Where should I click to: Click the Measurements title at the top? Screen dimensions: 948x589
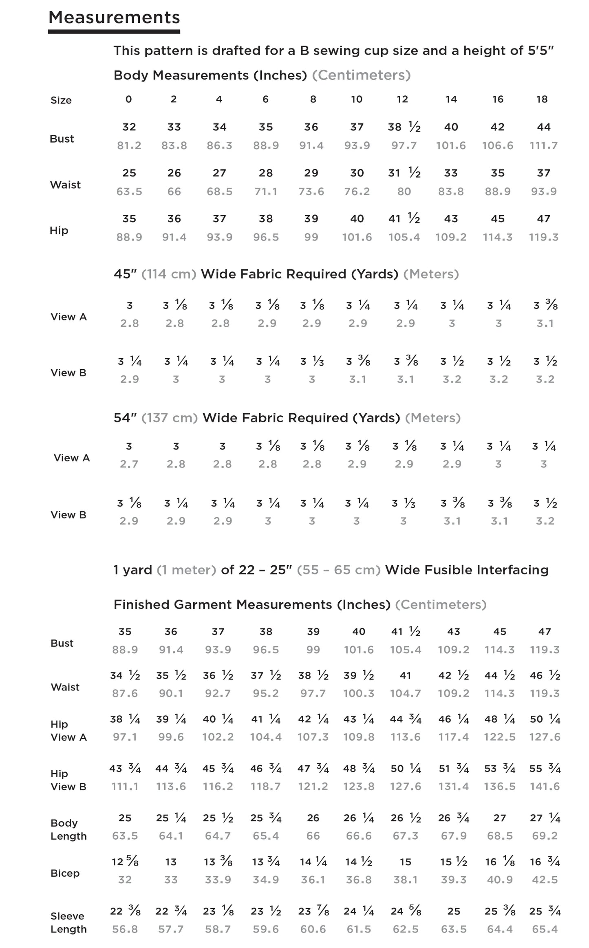(x=114, y=18)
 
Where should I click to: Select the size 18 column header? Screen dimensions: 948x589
(x=542, y=99)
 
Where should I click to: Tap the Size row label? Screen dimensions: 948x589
(x=61, y=100)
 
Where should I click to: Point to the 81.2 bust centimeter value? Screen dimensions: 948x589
(x=129, y=146)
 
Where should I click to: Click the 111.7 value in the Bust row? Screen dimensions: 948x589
(x=543, y=146)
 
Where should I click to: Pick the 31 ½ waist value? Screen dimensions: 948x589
(x=404, y=173)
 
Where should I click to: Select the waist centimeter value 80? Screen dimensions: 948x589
(x=404, y=192)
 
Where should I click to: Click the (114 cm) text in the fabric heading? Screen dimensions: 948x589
(x=169, y=274)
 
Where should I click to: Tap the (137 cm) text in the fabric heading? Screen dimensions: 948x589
(x=170, y=418)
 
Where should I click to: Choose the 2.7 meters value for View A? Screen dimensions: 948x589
(x=129, y=464)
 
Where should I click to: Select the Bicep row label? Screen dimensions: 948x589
(x=65, y=873)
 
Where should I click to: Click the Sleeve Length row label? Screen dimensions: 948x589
(x=68, y=923)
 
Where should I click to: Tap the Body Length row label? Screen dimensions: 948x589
(x=68, y=829)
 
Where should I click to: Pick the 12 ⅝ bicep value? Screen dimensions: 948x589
(x=125, y=862)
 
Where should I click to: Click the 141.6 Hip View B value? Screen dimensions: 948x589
(x=545, y=786)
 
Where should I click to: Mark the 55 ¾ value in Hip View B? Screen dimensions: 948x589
(x=545, y=769)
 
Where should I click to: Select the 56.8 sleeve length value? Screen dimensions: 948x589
(x=125, y=929)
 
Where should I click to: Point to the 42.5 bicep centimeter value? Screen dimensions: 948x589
(x=545, y=880)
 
